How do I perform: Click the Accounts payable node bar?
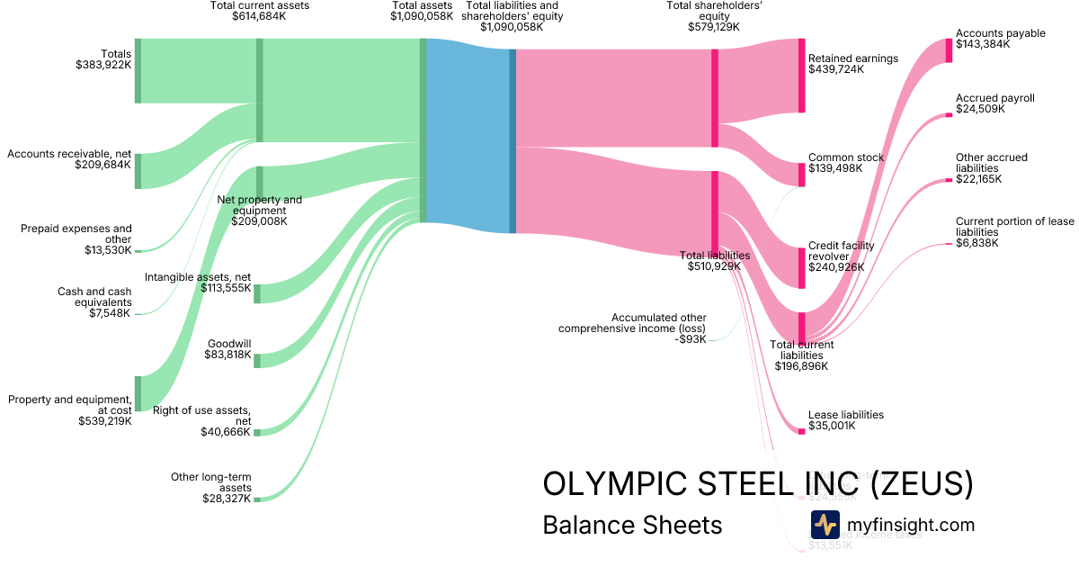point(949,50)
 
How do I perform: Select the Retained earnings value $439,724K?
point(836,69)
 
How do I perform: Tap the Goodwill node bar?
point(257,360)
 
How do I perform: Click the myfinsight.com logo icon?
point(825,525)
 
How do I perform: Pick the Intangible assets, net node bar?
point(257,293)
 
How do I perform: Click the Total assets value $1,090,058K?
point(422,16)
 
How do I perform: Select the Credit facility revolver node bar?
point(801,267)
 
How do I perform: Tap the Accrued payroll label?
point(995,98)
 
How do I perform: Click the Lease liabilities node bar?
point(801,431)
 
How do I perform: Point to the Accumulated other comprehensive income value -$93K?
point(691,339)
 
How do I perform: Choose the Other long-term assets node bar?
point(257,499)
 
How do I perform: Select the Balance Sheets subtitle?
point(632,525)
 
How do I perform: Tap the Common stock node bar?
point(801,174)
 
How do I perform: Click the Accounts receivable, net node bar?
point(138,171)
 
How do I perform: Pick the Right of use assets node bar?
point(257,433)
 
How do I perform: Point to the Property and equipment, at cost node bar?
point(138,393)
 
